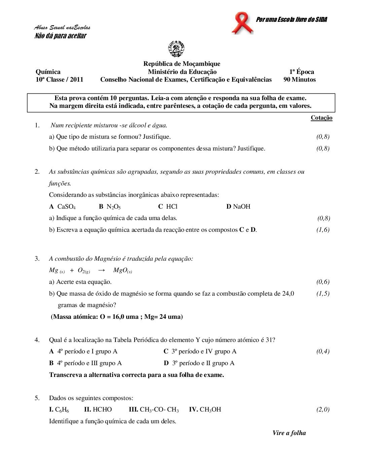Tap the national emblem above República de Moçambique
pos(176,49)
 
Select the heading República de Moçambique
pos(182,64)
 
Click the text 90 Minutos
pos(299,80)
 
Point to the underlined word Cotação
pos(321,118)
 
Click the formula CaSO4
pos(66,207)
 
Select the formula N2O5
pos(113,207)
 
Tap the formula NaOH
pos(242,207)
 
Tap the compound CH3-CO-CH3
pos(159,410)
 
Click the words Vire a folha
pos(289,433)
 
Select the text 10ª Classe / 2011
pos(59,80)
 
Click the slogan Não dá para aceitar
pos(61,36)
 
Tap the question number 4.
pos(37,340)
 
